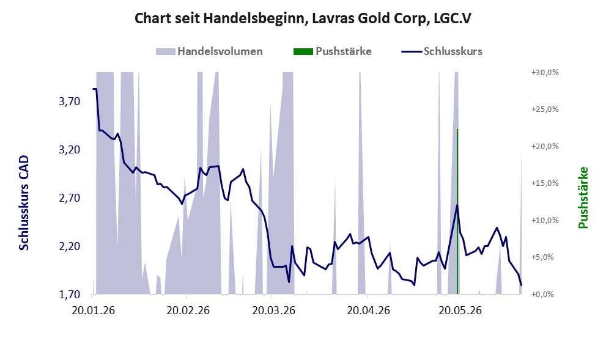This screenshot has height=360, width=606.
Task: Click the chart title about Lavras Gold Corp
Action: (303, 18)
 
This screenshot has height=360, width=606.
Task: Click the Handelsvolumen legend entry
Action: (209, 51)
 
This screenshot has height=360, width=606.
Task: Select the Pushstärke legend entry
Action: (333, 51)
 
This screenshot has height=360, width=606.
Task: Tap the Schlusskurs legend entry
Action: (442, 51)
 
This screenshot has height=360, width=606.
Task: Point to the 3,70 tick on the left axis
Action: (70, 101)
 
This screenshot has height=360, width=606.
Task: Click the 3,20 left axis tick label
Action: (70, 150)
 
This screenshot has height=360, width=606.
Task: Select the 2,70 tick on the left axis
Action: (70, 198)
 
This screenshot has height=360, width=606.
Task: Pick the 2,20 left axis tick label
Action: (70, 246)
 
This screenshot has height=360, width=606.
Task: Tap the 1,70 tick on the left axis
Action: (70, 295)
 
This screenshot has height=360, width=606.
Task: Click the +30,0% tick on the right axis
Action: (545, 73)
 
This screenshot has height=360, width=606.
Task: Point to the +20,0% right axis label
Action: (545, 147)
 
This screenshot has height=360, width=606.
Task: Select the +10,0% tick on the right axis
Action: (545, 221)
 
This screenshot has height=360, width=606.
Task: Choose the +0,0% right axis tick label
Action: (545, 295)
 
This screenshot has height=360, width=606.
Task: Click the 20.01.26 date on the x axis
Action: (93, 310)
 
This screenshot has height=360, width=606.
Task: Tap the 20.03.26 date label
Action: (273, 310)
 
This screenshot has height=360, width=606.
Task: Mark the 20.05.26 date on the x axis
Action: (460, 310)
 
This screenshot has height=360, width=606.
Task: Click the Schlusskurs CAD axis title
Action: (24, 203)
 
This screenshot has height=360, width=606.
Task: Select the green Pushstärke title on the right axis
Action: (583, 197)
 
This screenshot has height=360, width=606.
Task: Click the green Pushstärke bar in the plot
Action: (457, 211)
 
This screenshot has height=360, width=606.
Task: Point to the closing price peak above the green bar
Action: (457, 205)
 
